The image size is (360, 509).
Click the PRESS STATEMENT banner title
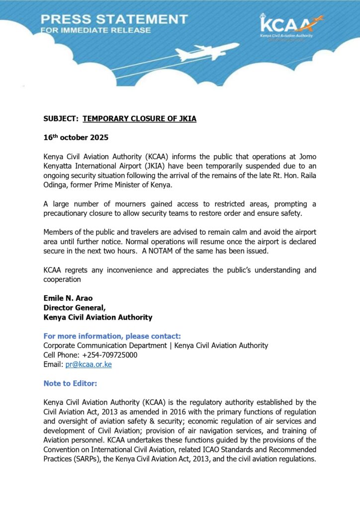pos(114,19)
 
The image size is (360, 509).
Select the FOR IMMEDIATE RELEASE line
pos(95,30)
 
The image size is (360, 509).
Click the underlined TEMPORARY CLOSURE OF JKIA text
pos(139,119)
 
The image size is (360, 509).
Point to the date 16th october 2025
pos(76,137)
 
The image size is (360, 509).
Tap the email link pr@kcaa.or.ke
pos(89,364)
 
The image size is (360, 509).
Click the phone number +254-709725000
pos(106,355)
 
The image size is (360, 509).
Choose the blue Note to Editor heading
pos(70,383)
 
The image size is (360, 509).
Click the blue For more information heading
pos(112,336)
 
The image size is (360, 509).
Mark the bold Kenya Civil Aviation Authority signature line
pos(98,317)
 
